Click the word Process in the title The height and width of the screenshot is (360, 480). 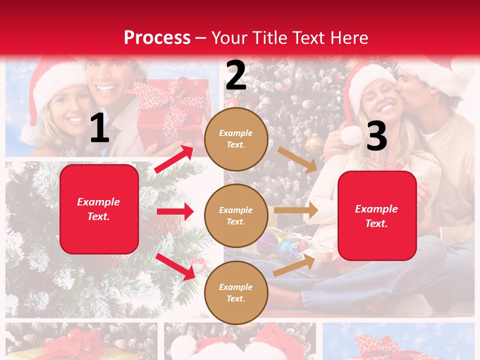[157, 38]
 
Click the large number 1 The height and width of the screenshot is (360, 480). [99, 129]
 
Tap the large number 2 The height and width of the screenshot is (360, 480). [236, 75]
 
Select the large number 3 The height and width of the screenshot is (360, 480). [376, 136]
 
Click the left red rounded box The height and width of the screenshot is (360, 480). [99, 209]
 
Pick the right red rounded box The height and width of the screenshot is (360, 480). [377, 216]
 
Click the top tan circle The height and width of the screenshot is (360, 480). [236, 139]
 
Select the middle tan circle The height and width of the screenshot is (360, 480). [236, 216]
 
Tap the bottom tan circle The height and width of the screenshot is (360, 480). [236, 293]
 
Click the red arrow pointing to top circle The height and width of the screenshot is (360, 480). [174, 159]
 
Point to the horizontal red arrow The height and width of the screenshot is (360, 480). [175, 211]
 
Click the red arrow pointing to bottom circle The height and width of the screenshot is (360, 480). [175, 266]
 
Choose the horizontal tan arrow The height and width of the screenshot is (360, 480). [296, 210]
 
